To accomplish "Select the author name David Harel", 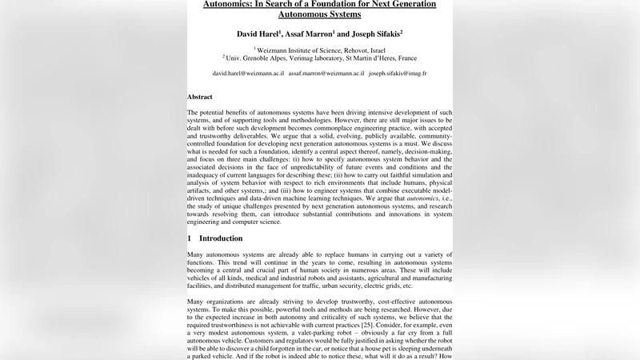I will point(261,34).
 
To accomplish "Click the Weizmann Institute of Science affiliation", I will point(301,49).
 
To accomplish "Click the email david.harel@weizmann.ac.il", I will point(248,73).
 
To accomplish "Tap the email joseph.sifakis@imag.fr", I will point(398,73).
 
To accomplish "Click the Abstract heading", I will point(200,96).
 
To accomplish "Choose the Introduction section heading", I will point(220,238).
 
